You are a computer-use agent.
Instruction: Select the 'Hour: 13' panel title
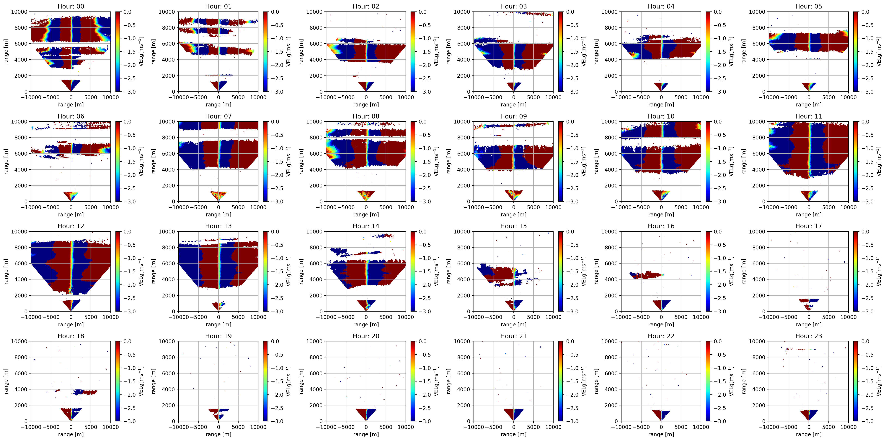(x=218, y=226)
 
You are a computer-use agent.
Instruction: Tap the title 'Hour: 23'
(x=809, y=336)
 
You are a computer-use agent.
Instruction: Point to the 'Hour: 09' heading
(x=513, y=116)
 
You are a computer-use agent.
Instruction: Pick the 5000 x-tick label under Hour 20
(x=386, y=427)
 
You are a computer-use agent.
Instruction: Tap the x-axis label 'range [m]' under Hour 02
(x=366, y=104)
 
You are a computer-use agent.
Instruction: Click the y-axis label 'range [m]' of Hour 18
(x=6, y=381)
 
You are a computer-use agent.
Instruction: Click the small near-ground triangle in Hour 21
(x=513, y=414)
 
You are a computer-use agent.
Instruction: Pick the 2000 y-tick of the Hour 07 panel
(x=169, y=186)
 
